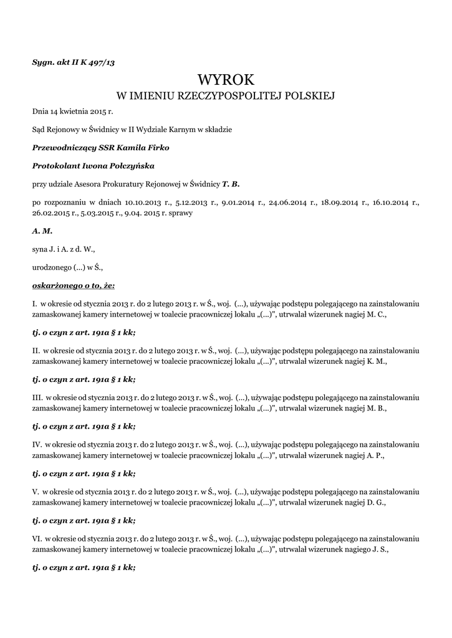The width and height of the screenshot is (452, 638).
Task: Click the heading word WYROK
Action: [x=226, y=79]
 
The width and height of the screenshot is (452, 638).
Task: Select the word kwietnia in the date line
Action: [x=69, y=112]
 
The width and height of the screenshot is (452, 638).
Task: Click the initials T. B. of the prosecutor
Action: [x=231, y=184]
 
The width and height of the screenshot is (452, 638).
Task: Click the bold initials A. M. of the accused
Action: [x=42, y=231]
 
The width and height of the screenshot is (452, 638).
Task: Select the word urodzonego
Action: [x=52, y=267]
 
